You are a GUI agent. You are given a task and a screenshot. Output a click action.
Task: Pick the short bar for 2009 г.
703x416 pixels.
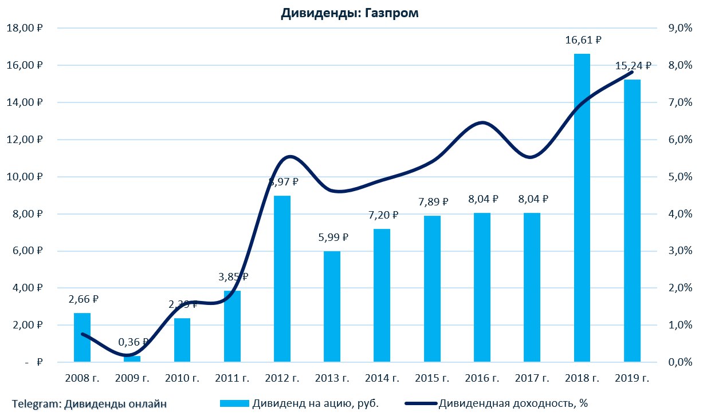pos(132,359)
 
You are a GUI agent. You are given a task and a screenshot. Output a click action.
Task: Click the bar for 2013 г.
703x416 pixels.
pos(332,306)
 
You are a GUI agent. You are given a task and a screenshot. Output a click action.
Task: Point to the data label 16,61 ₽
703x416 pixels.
pos(582,40)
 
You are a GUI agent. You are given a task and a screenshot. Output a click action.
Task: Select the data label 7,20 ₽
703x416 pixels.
pos(382,215)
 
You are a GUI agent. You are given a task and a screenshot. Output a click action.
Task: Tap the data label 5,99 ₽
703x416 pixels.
pos(332,237)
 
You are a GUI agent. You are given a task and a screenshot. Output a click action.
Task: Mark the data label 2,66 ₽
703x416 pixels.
pos(83,299)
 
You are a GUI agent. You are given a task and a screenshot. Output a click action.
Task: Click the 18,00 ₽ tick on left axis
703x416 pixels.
pos(25,28)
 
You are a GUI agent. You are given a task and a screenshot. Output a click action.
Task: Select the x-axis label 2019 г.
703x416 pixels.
pos(632,378)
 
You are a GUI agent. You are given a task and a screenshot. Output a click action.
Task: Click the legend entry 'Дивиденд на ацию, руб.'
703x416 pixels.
pos(315,403)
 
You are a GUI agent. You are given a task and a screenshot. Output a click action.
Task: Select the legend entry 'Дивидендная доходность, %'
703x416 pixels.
pos(513,403)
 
